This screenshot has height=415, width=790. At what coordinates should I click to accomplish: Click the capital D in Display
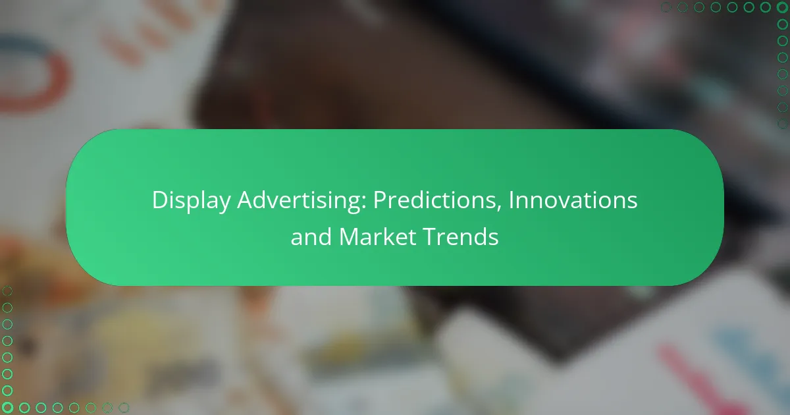pyautogui.click(x=158, y=200)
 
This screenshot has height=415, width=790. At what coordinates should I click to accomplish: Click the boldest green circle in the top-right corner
pyautogui.click(x=782, y=8)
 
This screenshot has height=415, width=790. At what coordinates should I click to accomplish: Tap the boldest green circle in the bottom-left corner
pyautogui.click(x=8, y=408)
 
